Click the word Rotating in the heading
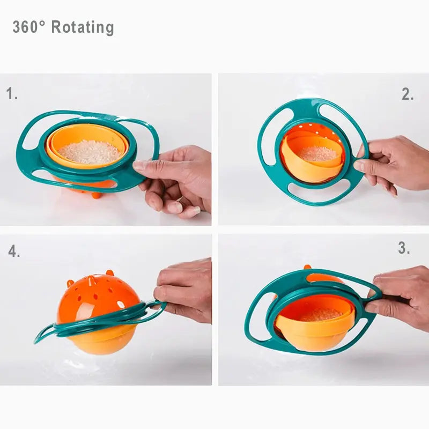(x=83, y=27)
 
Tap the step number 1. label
(x=12, y=94)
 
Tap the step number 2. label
(x=408, y=94)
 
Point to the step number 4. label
(x=14, y=251)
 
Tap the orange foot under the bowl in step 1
(x=97, y=194)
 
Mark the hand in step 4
(x=185, y=290)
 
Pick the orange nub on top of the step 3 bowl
(x=308, y=267)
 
